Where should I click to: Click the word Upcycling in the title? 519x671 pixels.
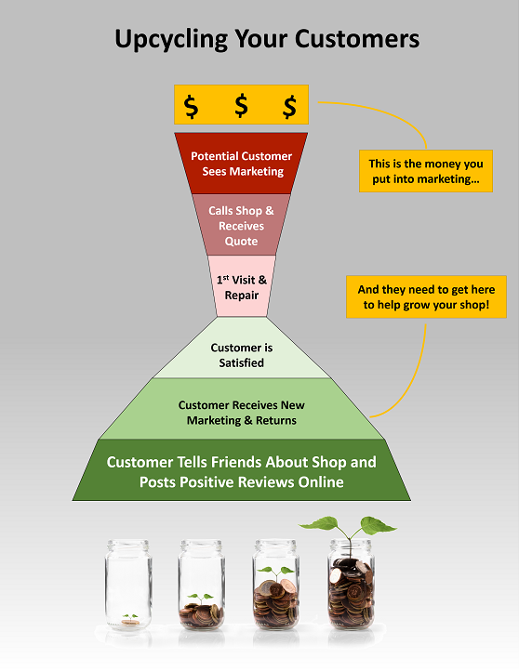coord(171,39)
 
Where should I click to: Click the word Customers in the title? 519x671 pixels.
coord(357,38)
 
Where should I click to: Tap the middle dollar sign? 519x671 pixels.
coord(242,105)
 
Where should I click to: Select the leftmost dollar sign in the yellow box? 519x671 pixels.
coord(191,107)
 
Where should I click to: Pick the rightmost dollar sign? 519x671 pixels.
coord(290,107)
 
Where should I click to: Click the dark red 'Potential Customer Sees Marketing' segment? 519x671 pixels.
coord(241,164)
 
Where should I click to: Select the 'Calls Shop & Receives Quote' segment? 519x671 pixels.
coord(241,225)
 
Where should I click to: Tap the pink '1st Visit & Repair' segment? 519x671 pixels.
coord(242,286)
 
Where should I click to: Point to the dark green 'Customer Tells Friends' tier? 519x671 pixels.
coord(242,470)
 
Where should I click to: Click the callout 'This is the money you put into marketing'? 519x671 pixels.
coord(426,171)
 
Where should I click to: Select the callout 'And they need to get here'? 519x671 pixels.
coord(426,297)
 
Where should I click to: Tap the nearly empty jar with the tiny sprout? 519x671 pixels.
coord(128,585)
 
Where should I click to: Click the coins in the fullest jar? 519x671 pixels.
coord(352,593)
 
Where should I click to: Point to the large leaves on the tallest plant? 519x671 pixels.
coord(348,525)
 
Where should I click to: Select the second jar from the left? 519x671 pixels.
coord(202,585)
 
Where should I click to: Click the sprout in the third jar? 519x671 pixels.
coord(276,572)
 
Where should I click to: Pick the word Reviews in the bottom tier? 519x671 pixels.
coord(266,482)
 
